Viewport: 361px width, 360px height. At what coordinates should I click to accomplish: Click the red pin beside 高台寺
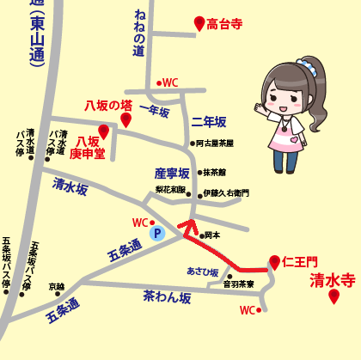click(199, 24)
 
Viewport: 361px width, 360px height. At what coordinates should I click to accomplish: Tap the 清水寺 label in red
click(332, 279)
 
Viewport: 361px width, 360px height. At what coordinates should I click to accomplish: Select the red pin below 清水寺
click(333, 296)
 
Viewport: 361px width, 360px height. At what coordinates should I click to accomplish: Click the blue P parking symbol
click(156, 233)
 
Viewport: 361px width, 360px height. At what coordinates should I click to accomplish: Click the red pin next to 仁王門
click(274, 261)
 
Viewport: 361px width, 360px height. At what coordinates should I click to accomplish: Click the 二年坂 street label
click(208, 121)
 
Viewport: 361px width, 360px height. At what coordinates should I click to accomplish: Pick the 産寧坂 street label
click(171, 174)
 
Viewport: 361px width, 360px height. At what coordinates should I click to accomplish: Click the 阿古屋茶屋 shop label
click(216, 144)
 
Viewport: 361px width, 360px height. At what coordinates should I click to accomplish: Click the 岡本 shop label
click(211, 235)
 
